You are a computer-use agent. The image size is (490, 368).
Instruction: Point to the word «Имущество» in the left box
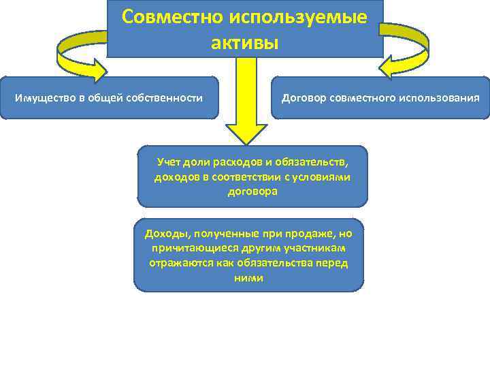point(43,98)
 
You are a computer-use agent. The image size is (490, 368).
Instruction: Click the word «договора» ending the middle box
point(252,191)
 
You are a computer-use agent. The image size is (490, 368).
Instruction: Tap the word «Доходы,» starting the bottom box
point(167,234)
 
